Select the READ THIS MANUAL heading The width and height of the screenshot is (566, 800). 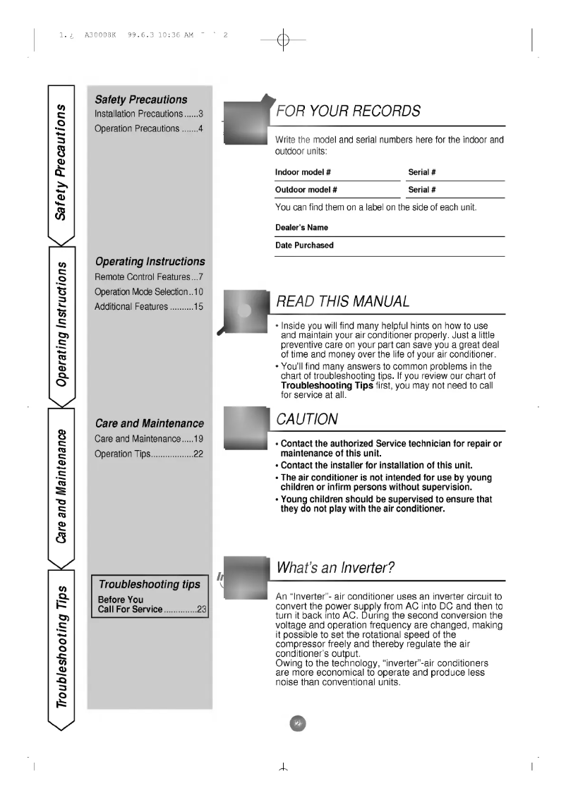343,302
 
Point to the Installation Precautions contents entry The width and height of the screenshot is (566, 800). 149,114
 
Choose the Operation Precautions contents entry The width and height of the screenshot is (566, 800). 149,128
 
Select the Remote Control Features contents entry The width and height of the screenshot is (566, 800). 149,277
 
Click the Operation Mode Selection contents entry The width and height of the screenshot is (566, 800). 149,291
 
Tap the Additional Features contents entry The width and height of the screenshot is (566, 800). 149,306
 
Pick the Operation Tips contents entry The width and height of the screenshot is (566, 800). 149,454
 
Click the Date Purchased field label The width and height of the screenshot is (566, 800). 304,246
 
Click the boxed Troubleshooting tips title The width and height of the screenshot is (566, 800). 149,583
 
